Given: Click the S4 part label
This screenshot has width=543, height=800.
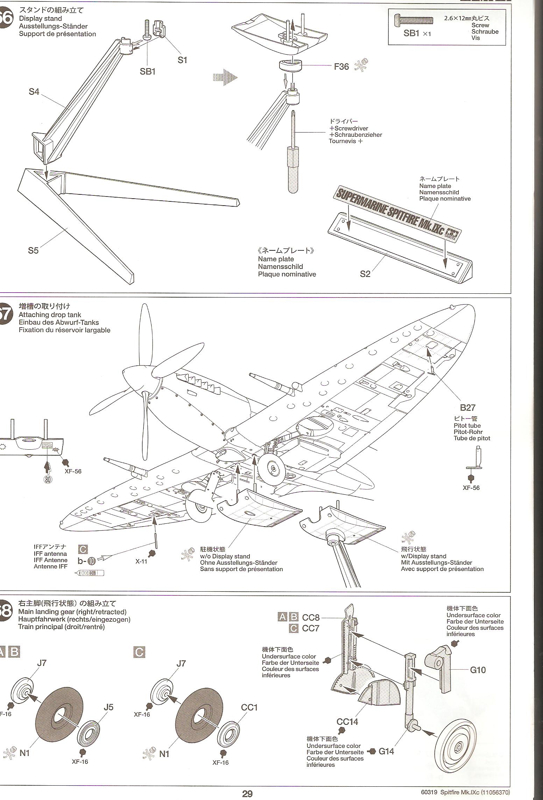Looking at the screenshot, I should (34, 92).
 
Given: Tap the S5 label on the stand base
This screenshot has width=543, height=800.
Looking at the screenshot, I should (33, 250).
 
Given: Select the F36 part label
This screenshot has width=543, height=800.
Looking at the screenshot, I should (341, 66).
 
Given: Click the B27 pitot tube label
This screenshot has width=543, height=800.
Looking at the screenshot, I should (467, 407).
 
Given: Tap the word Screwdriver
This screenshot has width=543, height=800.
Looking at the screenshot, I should (351, 128).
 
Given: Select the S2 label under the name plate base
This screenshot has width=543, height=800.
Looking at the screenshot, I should (365, 274).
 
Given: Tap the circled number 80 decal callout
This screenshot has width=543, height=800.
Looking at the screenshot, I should (48, 480).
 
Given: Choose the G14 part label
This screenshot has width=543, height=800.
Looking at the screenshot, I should (386, 751).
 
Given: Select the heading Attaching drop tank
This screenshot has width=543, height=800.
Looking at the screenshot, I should (50, 315).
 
